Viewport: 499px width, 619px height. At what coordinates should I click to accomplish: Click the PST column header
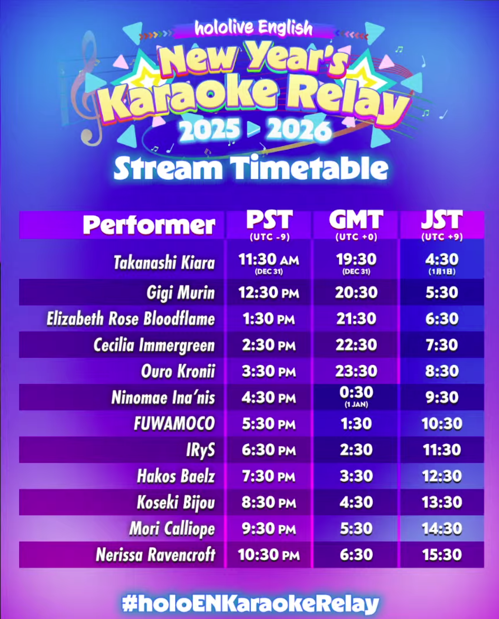pos(269,221)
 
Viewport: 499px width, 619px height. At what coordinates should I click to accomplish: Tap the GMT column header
pos(356,221)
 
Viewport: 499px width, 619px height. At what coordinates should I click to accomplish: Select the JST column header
pos(442,221)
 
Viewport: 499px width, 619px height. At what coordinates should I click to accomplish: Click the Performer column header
pos(149,225)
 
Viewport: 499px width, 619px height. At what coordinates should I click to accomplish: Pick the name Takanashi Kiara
pos(164,263)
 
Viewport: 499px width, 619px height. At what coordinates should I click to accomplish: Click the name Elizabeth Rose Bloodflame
pos(131,319)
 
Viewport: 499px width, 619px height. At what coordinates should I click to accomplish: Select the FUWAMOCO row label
pos(174,424)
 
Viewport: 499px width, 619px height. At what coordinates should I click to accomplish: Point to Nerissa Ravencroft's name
pos(156,555)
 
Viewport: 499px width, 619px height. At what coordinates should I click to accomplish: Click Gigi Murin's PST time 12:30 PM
pos(269,293)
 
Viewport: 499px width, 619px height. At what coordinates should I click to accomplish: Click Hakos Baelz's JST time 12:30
pos(442,476)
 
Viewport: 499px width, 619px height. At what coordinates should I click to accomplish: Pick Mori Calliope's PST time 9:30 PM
pos(269,529)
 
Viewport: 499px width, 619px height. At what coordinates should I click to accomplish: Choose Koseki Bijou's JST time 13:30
pos(442,502)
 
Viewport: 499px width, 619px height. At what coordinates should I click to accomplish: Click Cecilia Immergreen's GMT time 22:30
pos(356,345)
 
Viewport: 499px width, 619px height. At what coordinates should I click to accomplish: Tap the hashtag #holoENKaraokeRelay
pos(250,604)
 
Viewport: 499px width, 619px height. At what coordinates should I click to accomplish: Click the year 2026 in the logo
pos(299,130)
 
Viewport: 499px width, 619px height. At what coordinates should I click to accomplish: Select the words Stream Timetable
pos(251,168)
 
